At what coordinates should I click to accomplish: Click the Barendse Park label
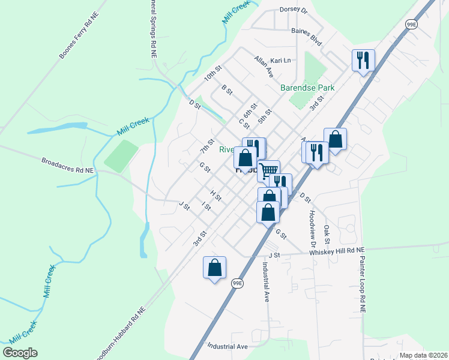pyautogui.click(x=307, y=88)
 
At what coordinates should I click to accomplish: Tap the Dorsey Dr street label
pyautogui.click(x=293, y=10)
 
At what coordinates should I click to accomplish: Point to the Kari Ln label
pyautogui.click(x=280, y=61)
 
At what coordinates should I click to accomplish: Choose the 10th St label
pyautogui.click(x=212, y=75)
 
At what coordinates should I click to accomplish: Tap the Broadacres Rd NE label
pyautogui.click(x=68, y=166)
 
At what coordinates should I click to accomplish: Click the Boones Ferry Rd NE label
pyautogui.click(x=79, y=38)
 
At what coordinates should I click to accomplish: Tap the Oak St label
pyautogui.click(x=327, y=234)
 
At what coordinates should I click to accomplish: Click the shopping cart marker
pyautogui.click(x=269, y=170)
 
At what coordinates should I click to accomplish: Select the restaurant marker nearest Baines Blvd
pyautogui.click(x=363, y=61)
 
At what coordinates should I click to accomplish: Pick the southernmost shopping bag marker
pyautogui.click(x=214, y=268)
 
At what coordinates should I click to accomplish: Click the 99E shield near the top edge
pyautogui.click(x=411, y=24)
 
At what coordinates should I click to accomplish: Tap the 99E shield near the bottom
pyautogui.click(x=238, y=283)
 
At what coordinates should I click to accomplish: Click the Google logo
pyautogui.click(x=20, y=353)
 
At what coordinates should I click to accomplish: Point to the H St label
pyautogui.click(x=216, y=195)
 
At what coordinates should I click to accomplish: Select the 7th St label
pyautogui.click(x=207, y=145)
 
